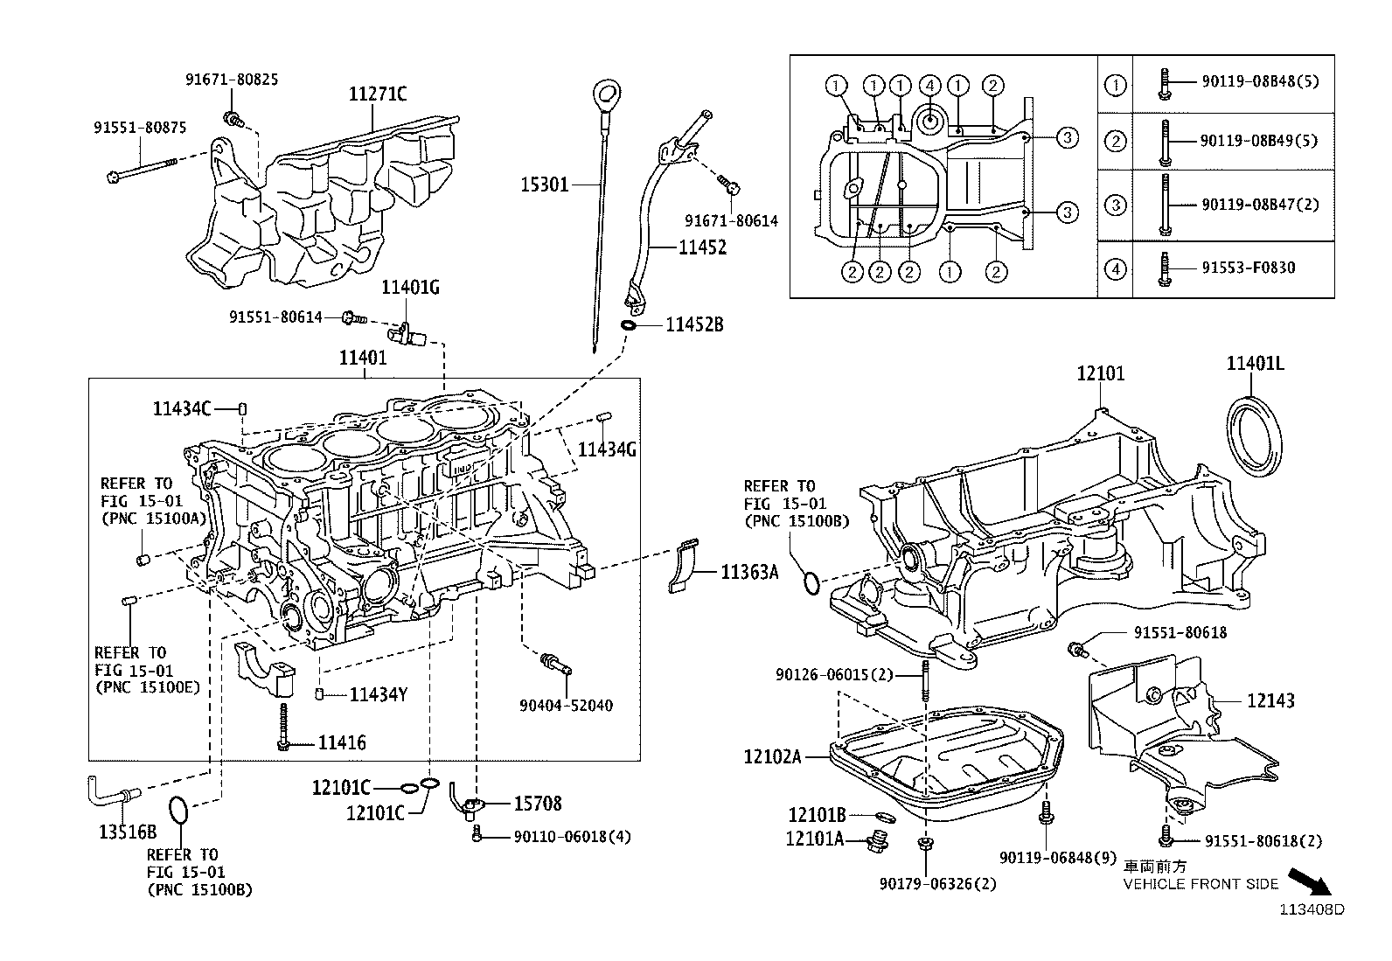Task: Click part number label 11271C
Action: [x=378, y=94]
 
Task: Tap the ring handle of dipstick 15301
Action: [x=604, y=92]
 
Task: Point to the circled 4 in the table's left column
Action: [x=1116, y=269]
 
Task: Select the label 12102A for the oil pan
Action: [x=772, y=756]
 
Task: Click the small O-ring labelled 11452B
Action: [x=629, y=326]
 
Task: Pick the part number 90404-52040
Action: [x=566, y=705]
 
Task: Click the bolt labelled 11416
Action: [x=283, y=724]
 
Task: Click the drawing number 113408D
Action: [x=1312, y=909]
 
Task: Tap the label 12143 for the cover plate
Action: [x=1270, y=700]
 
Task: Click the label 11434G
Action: [x=607, y=449]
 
